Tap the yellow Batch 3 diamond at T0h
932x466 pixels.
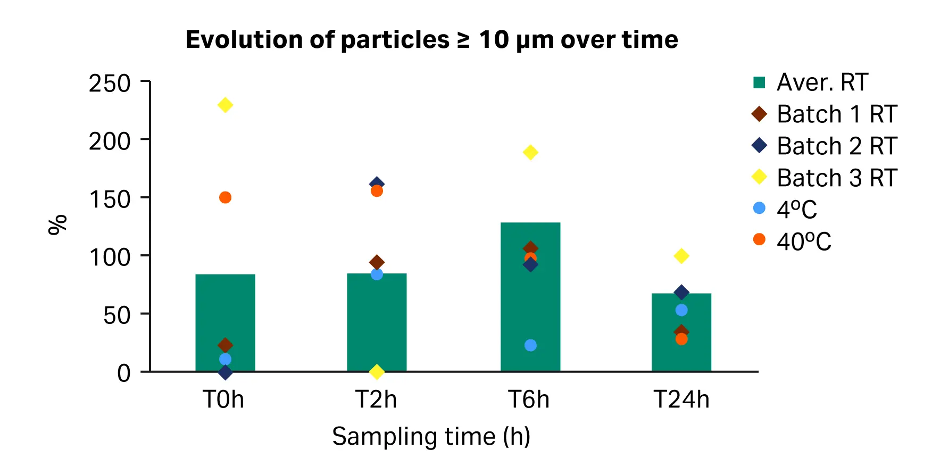(x=225, y=105)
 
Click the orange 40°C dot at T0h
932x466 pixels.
(x=225, y=197)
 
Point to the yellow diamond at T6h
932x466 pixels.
(x=530, y=153)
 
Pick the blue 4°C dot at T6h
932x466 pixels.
(x=530, y=345)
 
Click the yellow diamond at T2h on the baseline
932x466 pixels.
(x=377, y=372)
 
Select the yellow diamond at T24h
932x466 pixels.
(x=681, y=256)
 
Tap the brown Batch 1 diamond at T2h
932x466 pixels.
(x=377, y=262)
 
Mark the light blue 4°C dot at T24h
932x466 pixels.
(x=681, y=310)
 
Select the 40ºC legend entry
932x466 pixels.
(x=803, y=242)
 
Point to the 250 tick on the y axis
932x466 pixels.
(x=110, y=84)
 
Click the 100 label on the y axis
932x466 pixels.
(x=110, y=257)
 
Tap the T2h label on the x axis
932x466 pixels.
(x=376, y=400)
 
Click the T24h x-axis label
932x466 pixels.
(x=681, y=400)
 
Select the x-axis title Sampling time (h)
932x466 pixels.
(x=431, y=437)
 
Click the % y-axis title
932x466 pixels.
(x=57, y=224)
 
